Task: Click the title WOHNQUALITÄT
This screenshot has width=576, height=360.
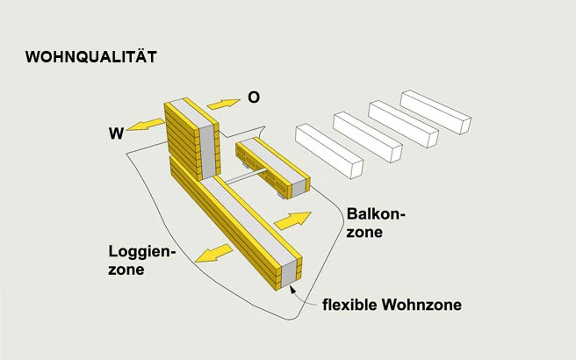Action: (x=91, y=57)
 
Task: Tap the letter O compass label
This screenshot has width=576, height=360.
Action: (x=254, y=97)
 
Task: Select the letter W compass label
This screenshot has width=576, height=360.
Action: (x=115, y=133)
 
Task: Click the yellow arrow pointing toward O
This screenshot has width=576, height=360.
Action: (x=223, y=104)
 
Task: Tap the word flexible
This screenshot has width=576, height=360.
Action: (x=350, y=306)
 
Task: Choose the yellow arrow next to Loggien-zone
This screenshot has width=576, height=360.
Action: (x=214, y=254)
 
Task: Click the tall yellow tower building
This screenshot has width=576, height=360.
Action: (x=192, y=139)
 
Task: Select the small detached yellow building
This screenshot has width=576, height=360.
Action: (x=270, y=164)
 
